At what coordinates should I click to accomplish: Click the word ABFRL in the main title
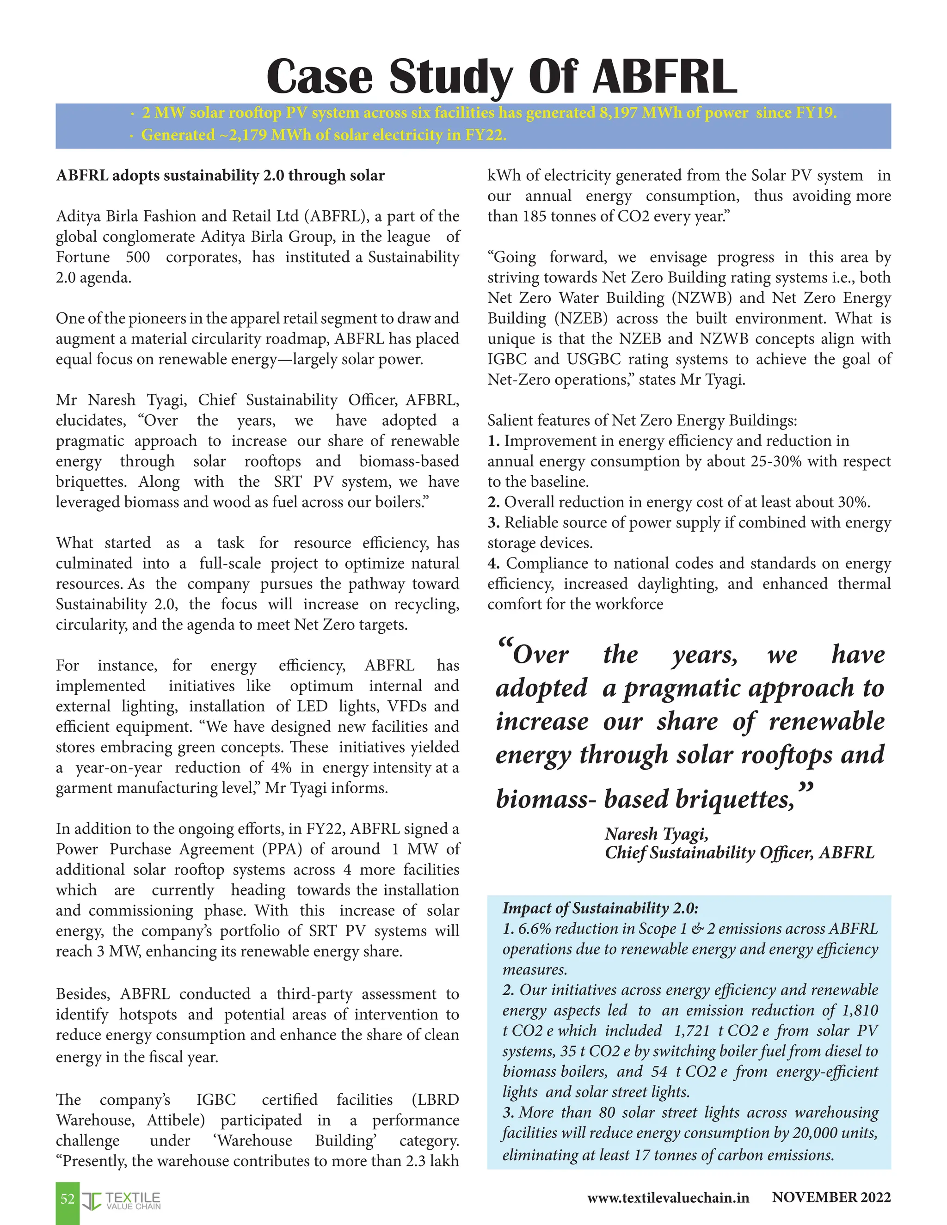(664, 76)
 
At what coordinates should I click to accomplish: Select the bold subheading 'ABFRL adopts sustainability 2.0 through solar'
(220, 176)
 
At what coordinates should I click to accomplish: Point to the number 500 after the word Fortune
(137, 257)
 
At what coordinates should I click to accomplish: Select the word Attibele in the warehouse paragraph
(176, 1120)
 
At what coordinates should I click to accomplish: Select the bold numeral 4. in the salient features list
(493, 563)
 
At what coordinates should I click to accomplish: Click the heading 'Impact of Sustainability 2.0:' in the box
(600, 908)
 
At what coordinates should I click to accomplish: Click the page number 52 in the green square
(68, 1199)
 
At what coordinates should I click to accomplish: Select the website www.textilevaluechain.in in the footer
(668, 1198)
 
